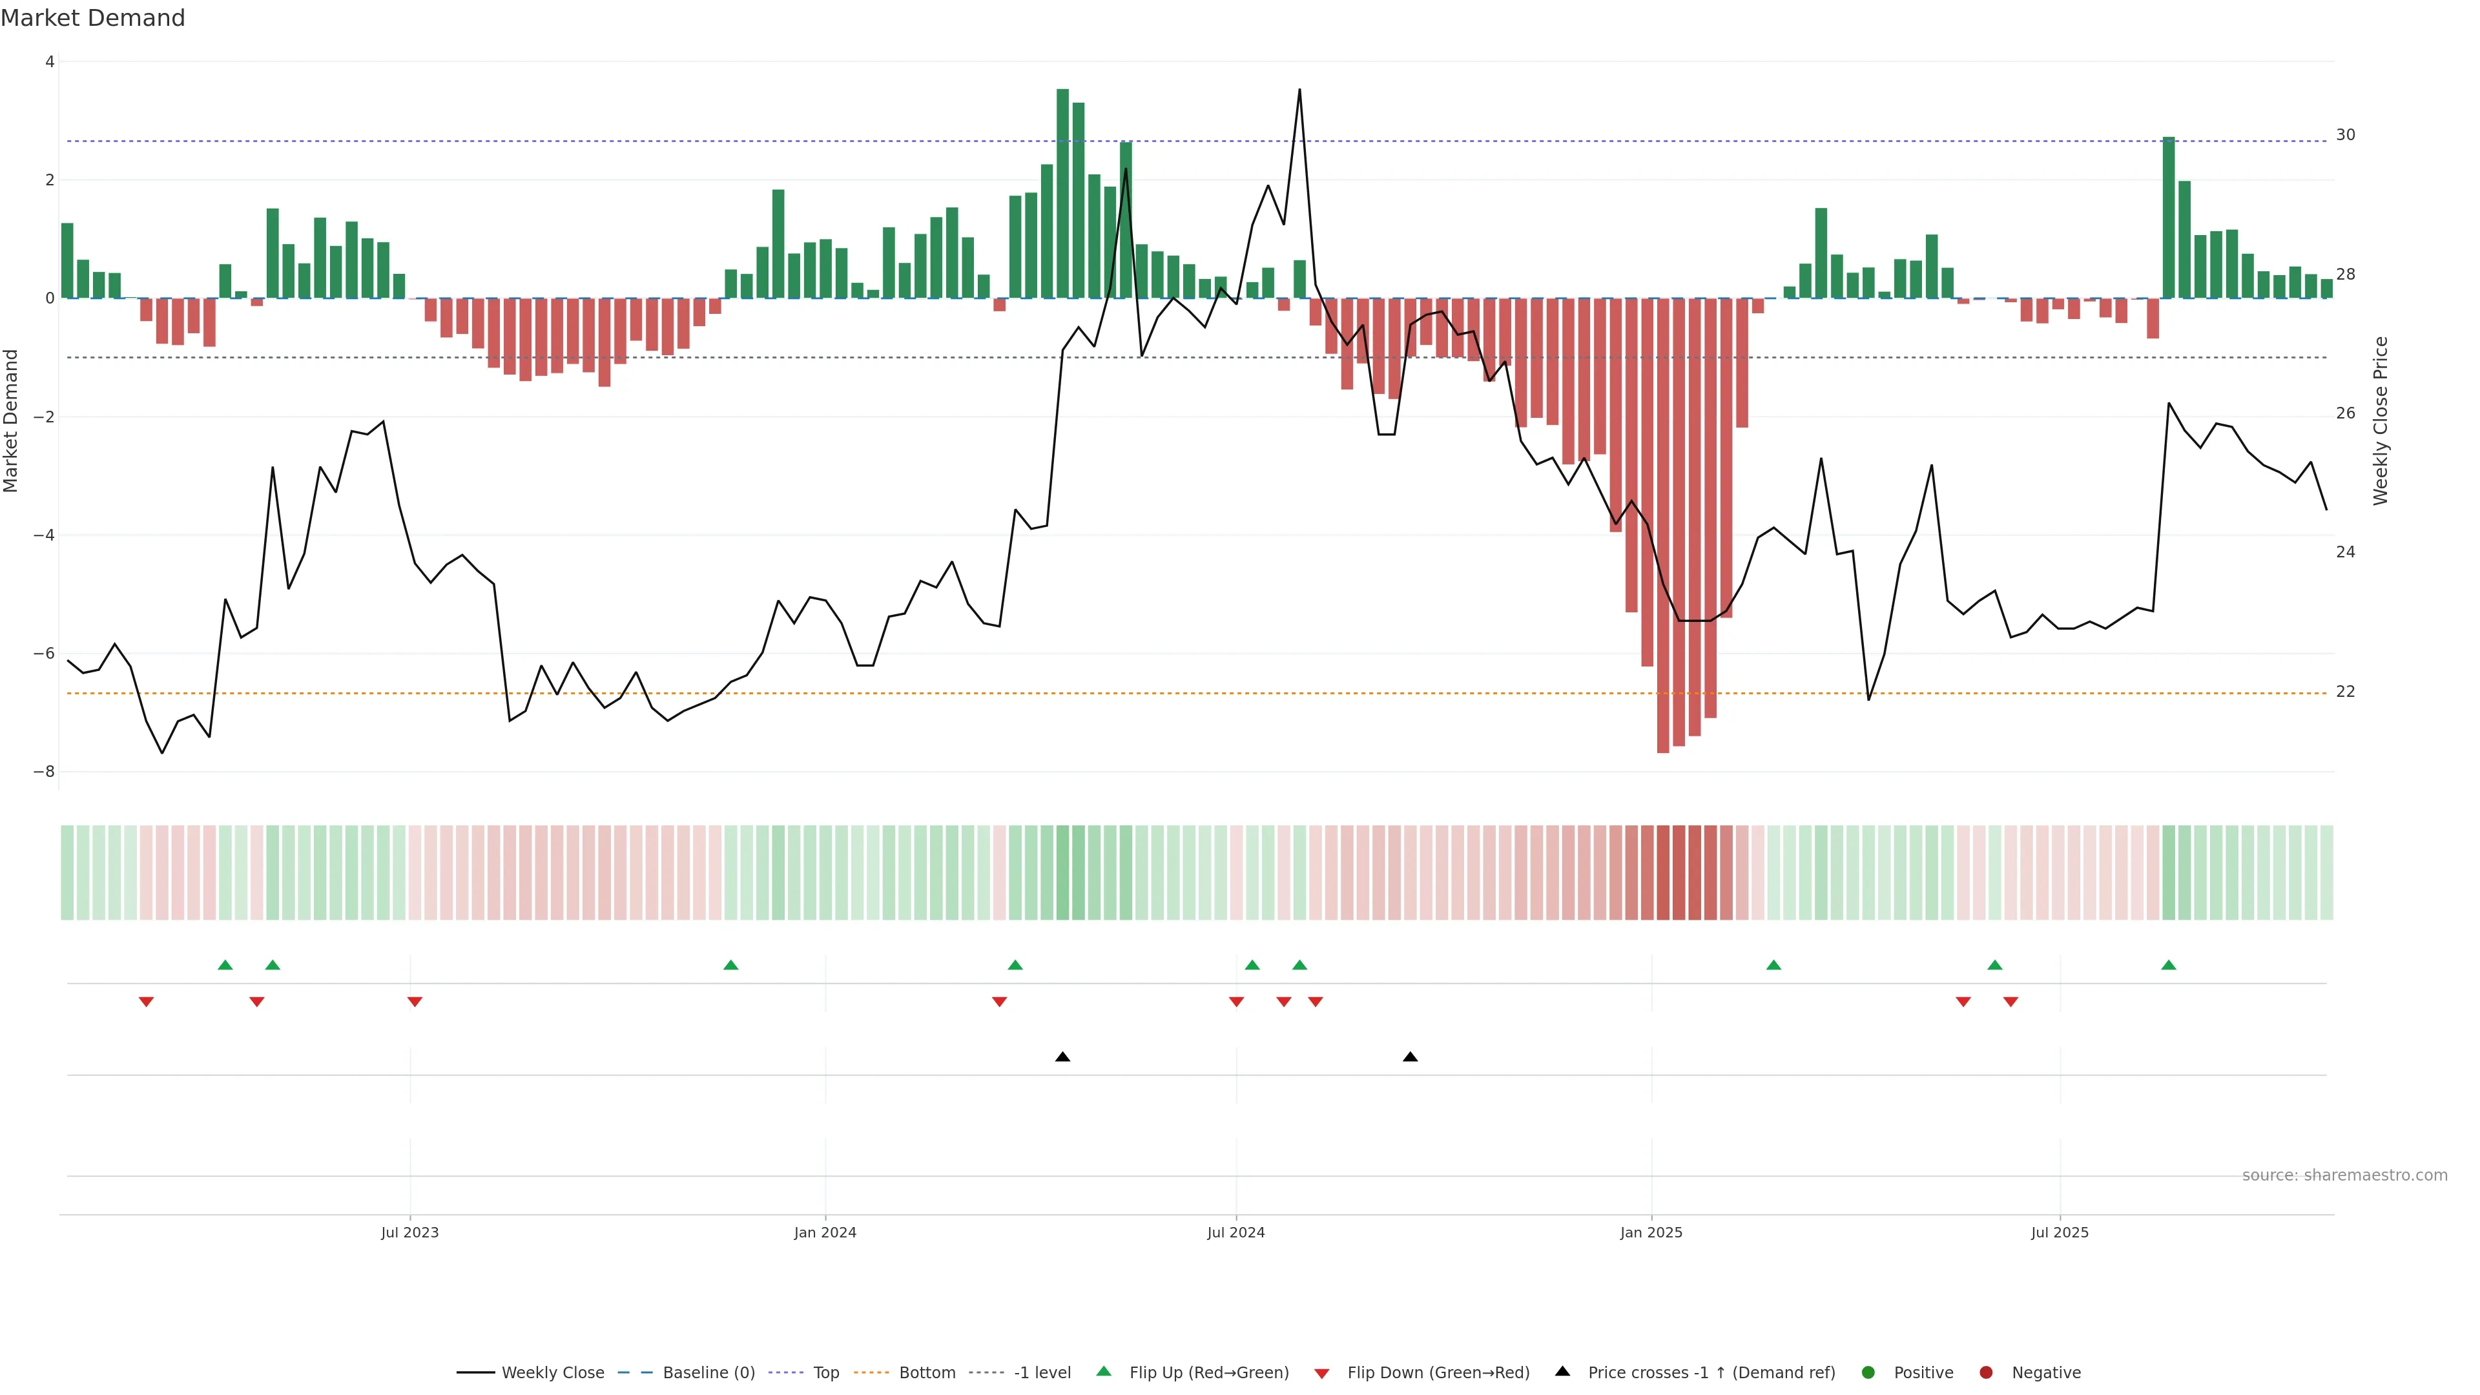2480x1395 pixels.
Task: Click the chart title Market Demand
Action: pyautogui.click(x=92, y=18)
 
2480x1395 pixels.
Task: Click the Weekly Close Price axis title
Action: pyautogui.click(x=2380, y=420)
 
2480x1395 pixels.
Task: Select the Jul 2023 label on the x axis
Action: pyautogui.click(x=409, y=1232)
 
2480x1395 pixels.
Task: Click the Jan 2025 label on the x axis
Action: pyautogui.click(x=1651, y=1232)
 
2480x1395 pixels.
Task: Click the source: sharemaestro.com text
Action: pyautogui.click(x=2344, y=1175)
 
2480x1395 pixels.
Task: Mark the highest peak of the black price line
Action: pyautogui.click(x=1299, y=90)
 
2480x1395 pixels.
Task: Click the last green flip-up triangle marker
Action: pyautogui.click(x=2168, y=965)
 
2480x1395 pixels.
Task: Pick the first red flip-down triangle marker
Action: pyautogui.click(x=147, y=1002)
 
